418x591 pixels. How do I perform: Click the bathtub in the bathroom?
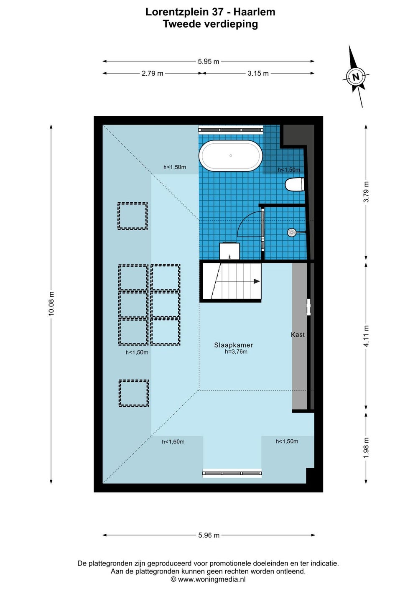(x=231, y=155)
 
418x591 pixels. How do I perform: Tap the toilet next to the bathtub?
(x=295, y=184)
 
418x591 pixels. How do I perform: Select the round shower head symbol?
(x=292, y=232)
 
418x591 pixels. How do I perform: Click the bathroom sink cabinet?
(x=229, y=251)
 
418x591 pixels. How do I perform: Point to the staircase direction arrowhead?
(x=257, y=282)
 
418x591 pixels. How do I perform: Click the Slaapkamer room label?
(x=233, y=345)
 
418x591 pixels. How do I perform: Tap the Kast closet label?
(x=298, y=335)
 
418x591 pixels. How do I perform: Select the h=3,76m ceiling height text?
(x=236, y=352)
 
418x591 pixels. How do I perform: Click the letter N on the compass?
(x=356, y=77)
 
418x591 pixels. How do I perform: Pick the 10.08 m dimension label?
(x=51, y=303)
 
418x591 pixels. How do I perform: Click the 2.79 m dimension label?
(x=152, y=73)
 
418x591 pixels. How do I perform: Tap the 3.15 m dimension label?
(x=258, y=73)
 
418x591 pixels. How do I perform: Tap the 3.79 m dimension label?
(x=366, y=192)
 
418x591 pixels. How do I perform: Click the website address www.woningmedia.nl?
(x=212, y=579)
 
